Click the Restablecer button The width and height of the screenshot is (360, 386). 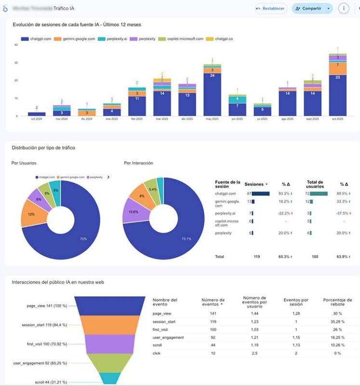[271, 8]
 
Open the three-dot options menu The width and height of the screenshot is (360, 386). [343, 8]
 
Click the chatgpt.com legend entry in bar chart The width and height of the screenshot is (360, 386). [34, 39]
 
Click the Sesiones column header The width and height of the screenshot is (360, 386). [255, 184]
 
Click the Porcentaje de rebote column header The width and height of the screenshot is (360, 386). [337, 303]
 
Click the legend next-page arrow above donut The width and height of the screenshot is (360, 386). [108, 177]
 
